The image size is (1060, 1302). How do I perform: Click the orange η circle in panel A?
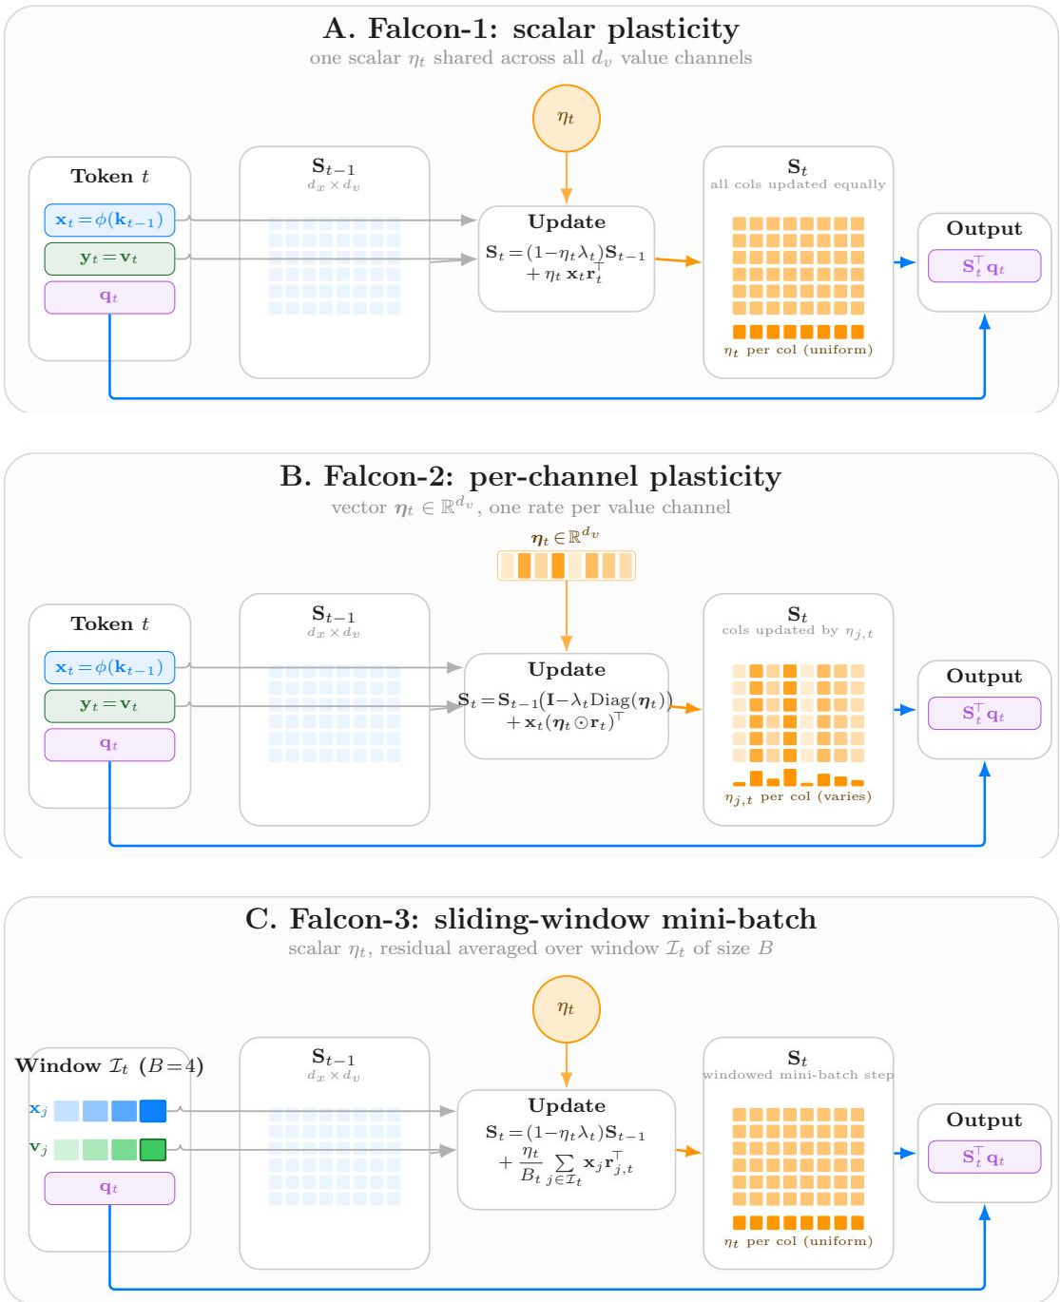[566, 118]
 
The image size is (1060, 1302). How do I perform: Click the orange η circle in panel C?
[566, 1008]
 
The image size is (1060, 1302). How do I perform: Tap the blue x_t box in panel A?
[109, 220]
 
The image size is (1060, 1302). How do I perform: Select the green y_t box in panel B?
[109, 706]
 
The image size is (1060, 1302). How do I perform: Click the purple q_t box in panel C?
[109, 1188]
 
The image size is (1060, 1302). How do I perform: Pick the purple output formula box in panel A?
[984, 266]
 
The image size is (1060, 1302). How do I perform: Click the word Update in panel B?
[567, 669]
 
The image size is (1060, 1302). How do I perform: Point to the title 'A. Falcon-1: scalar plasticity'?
[530, 29]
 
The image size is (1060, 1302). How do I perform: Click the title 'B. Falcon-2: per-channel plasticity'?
[530, 476]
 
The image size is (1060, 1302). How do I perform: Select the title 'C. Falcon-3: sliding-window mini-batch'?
[530, 919]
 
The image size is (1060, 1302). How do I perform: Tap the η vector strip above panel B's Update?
[566, 565]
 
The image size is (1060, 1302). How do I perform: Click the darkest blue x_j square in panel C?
[153, 1111]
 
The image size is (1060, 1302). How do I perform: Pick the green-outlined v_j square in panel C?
[153, 1149]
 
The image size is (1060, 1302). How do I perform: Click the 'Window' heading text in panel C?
[58, 1065]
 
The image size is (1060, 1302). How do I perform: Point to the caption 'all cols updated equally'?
[798, 184]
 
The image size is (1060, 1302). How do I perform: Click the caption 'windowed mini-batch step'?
[798, 1075]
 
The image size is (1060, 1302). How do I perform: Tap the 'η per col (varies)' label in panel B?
[798, 796]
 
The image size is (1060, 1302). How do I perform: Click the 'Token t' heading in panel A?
[109, 176]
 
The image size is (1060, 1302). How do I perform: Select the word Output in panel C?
[984, 1120]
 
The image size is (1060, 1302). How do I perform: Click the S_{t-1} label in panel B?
[333, 614]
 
